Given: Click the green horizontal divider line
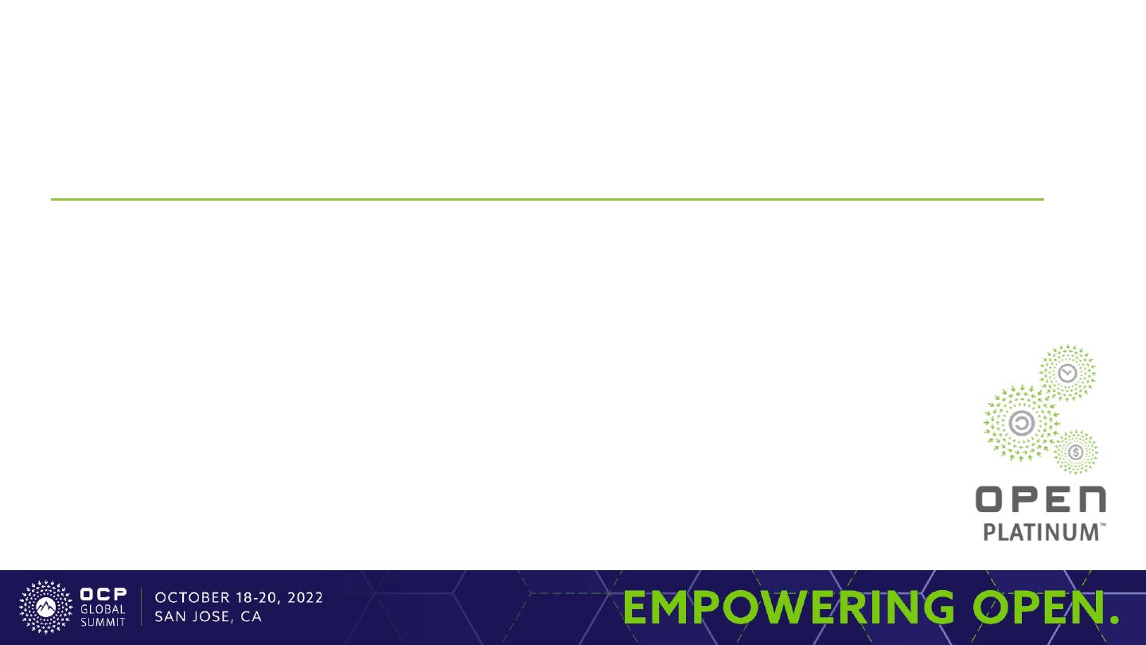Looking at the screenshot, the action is tap(548, 199).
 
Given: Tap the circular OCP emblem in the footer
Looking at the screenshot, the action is tap(46, 607).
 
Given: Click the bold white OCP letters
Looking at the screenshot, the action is tap(103, 594).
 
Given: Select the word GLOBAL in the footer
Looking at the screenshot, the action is tap(103, 609).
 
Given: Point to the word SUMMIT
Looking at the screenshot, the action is tap(103, 623).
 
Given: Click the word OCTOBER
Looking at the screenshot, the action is tap(193, 598).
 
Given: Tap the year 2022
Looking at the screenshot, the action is tap(305, 598).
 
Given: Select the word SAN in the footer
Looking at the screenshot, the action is tap(170, 616).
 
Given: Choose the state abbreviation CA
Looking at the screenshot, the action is tap(251, 616).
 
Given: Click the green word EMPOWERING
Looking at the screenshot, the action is tap(789, 607).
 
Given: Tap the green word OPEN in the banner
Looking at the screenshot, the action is tap(1038, 607).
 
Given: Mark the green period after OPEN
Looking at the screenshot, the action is tap(1114, 620).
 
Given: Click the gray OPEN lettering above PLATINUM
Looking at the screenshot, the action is tap(1041, 499).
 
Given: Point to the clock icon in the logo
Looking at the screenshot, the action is tap(1067, 373).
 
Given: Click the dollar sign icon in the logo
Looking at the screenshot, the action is tap(1076, 452).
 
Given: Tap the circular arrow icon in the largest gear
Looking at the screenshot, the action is tap(1022, 424).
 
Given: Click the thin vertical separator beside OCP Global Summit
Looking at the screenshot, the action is tap(141, 607).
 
